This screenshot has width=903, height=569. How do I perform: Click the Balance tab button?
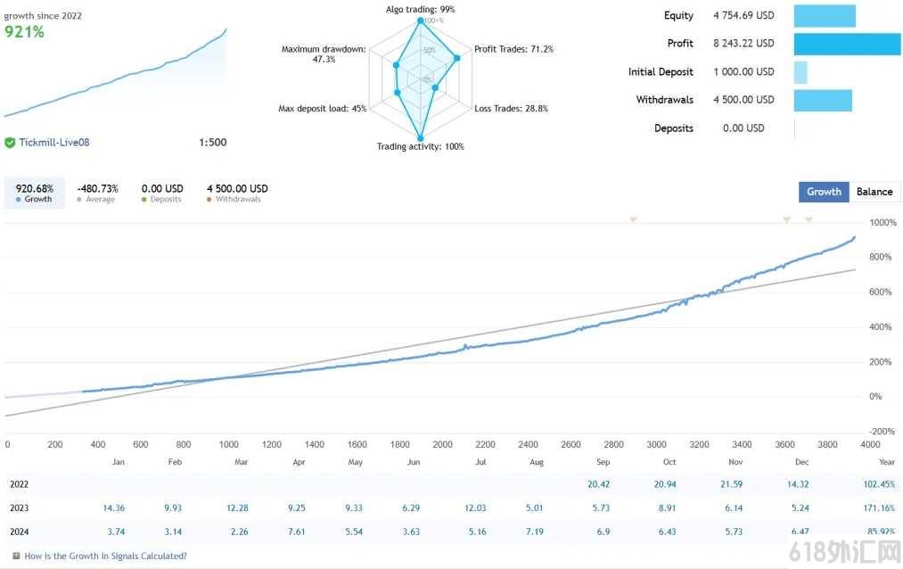tap(874, 192)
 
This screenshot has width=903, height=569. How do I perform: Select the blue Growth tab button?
tap(824, 192)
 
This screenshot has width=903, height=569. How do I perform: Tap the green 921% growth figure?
tap(24, 32)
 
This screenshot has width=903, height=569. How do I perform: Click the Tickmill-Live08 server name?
tap(54, 143)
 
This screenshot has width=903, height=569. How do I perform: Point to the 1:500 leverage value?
tap(212, 143)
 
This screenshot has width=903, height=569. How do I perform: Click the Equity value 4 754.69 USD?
tap(743, 15)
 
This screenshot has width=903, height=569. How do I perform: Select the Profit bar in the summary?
tap(847, 44)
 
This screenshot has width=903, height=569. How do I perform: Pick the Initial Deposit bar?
tap(800, 72)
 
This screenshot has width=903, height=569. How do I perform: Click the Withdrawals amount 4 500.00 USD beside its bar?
tap(743, 100)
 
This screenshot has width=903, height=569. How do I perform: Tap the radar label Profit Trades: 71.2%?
tap(513, 50)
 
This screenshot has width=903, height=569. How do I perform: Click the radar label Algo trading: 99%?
tap(421, 9)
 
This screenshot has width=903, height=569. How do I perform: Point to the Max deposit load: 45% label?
tap(323, 108)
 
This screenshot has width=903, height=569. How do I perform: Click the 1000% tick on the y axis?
tap(882, 222)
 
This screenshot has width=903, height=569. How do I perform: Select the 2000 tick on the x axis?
tap(442, 445)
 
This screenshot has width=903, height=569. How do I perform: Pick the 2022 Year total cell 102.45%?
tap(880, 484)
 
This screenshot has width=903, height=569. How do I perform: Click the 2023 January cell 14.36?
tap(113, 508)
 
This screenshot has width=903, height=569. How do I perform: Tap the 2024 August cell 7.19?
tap(535, 532)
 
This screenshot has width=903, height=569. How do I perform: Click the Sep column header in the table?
tap(603, 462)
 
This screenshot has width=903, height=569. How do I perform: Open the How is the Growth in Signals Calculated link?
tap(105, 557)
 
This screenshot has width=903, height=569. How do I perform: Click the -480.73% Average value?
tap(97, 188)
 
